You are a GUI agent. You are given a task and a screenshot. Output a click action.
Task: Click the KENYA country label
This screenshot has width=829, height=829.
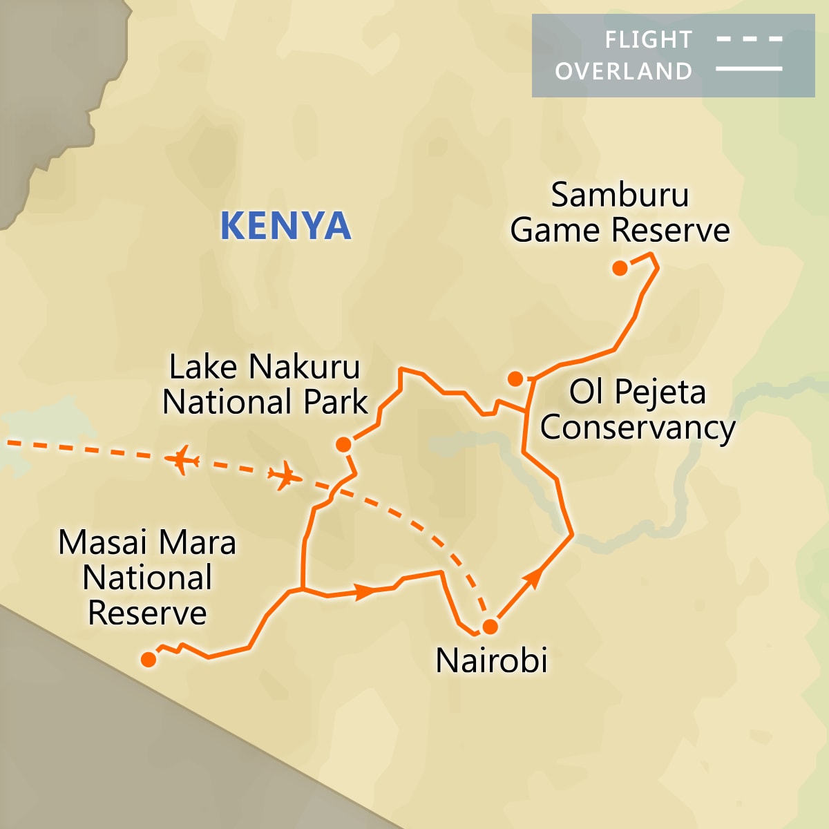pos(285,226)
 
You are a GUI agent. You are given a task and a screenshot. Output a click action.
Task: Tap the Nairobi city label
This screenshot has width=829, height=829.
pos(491,660)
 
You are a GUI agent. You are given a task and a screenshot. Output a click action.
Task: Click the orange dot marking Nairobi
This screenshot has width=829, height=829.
pos(490,627)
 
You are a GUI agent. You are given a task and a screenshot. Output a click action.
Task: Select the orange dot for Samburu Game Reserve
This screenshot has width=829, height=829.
pos(620,268)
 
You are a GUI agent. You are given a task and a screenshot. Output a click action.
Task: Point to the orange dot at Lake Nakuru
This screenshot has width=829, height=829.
pos(343,444)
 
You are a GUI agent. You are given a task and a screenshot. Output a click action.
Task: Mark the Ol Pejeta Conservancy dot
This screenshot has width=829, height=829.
pos(515,379)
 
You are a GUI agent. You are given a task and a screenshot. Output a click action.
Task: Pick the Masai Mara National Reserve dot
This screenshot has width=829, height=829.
pos(149,660)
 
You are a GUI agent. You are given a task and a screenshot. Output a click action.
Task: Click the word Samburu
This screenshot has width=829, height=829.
pos(620,195)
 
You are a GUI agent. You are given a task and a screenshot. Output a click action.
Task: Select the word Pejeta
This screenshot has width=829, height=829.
pos(660,392)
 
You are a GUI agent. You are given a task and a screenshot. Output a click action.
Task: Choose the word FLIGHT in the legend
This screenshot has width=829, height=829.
pos(648,40)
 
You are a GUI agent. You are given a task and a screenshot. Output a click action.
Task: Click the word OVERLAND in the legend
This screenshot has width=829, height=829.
pos(623,71)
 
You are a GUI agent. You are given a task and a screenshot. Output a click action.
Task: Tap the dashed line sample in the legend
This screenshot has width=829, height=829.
pos(749,39)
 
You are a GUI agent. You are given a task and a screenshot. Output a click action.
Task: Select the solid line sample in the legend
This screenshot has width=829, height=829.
pos(749,69)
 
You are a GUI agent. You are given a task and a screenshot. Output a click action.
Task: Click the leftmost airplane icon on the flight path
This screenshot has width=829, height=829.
pos(182,460)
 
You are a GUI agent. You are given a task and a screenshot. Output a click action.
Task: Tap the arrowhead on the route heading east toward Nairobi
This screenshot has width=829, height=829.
pos(364,591)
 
